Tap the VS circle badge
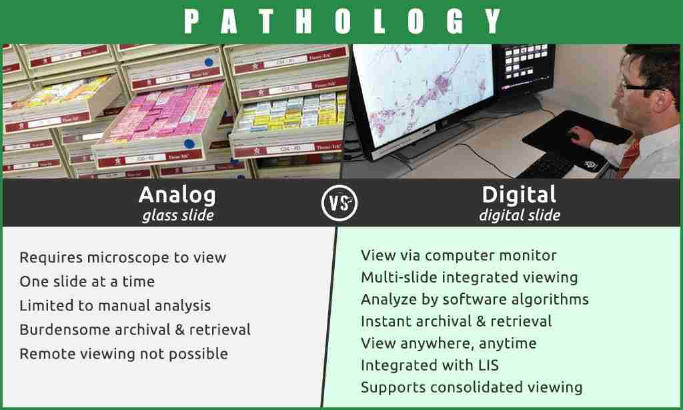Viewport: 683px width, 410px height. [339, 203]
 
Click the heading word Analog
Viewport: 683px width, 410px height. [177, 195]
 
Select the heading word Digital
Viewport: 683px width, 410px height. [519, 194]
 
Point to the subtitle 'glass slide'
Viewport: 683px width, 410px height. [178, 215]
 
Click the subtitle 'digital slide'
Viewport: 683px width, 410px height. [520, 215]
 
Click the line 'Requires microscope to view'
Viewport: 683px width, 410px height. [123, 257]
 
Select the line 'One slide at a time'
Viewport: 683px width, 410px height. [87, 281]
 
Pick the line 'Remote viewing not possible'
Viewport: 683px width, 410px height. [123, 353]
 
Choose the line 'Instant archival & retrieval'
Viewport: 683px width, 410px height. [456, 321]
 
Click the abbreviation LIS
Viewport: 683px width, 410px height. [488, 365]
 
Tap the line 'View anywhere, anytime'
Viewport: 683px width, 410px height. [449, 343]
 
